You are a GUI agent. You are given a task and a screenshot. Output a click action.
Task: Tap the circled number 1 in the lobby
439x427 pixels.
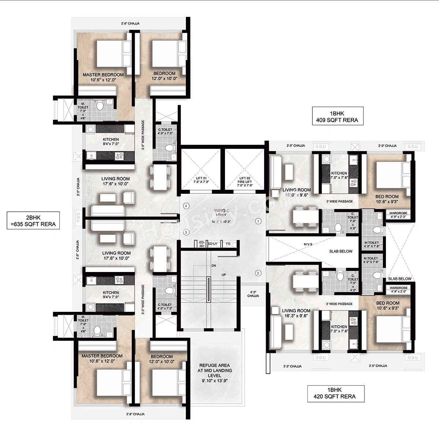259,221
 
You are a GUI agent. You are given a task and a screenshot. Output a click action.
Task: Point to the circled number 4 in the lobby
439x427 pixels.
186,206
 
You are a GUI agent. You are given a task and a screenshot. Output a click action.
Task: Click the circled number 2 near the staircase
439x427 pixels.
258,273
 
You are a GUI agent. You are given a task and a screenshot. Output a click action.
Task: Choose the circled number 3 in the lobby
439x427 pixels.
186,232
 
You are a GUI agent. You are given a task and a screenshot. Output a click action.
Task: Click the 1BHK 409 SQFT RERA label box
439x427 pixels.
337,117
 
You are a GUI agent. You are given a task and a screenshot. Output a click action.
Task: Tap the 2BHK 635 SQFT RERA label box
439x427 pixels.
33,221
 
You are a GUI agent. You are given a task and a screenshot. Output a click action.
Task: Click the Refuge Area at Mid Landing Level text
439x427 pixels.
214,373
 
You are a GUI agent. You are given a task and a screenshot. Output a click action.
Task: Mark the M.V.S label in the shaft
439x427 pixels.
308,244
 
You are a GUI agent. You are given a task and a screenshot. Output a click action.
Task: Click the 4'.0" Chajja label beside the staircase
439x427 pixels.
253,294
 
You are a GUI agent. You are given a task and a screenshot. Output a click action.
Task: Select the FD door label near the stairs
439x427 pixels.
228,244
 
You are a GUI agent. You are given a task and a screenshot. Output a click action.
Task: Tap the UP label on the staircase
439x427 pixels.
224,275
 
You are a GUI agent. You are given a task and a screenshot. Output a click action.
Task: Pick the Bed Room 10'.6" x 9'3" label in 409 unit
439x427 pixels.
387,199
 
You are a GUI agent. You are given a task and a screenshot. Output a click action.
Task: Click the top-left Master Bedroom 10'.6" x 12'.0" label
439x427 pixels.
103,77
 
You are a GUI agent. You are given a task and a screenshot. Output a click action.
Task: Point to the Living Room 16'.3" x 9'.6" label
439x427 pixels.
296,313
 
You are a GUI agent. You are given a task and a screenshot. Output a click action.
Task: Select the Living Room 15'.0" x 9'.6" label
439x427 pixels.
296,192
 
